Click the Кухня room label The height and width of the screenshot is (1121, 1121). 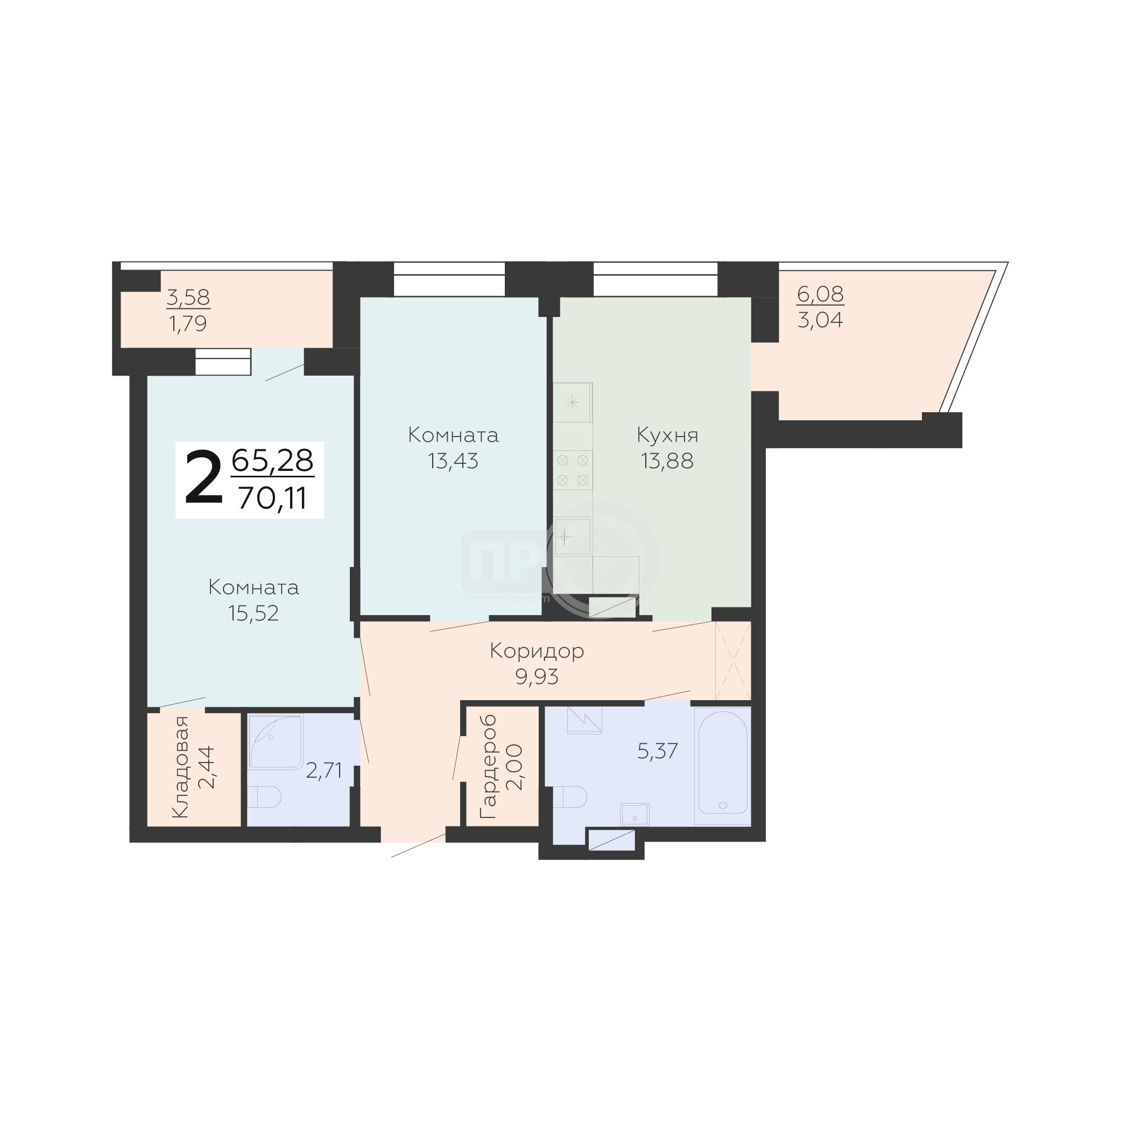pyautogui.click(x=667, y=435)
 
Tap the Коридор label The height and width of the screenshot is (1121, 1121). pyautogui.click(x=537, y=651)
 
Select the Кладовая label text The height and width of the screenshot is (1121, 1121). pyautogui.click(x=181, y=767)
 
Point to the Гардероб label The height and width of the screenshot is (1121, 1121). pyautogui.click(x=489, y=767)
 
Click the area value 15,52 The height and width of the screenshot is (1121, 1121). pyautogui.click(x=253, y=614)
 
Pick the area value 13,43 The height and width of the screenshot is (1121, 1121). pyautogui.click(x=453, y=461)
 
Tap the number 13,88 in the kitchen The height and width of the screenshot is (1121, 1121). pyautogui.click(x=667, y=461)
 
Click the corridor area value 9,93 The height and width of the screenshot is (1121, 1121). pyautogui.click(x=537, y=676)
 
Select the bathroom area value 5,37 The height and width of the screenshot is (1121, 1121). pyautogui.click(x=658, y=751)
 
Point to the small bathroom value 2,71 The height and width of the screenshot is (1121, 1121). pyautogui.click(x=324, y=771)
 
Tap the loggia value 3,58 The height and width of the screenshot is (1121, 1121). pyautogui.click(x=188, y=298)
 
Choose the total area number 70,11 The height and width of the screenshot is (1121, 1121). pyautogui.click(x=272, y=497)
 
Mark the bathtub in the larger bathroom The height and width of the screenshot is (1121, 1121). pyautogui.click(x=723, y=765)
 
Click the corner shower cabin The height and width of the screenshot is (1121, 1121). pyautogui.click(x=275, y=742)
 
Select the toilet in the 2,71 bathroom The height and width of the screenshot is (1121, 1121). pyautogui.click(x=265, y=796)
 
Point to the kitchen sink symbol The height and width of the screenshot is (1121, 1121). pyautogui.click(x=573, y=537)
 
